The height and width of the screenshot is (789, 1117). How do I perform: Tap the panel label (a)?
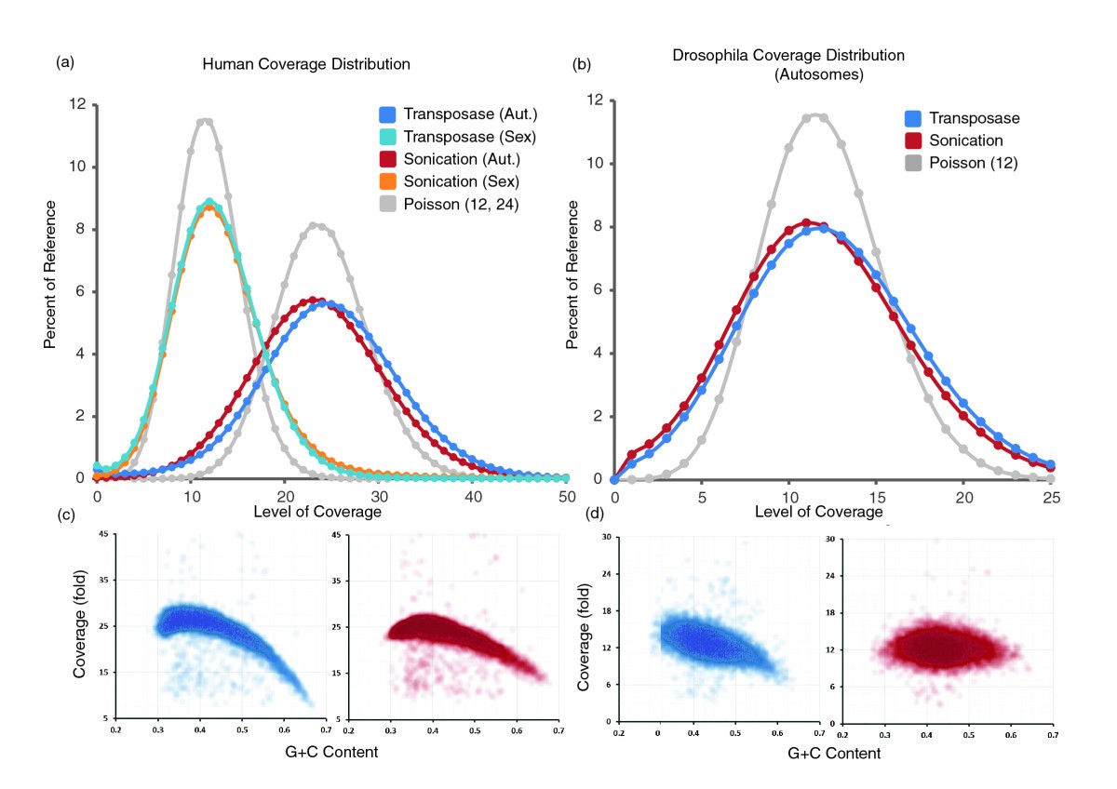pyautogui.click(x=64, y=62)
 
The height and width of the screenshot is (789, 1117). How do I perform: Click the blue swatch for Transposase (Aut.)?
pyautogui.click(x=387, y=115)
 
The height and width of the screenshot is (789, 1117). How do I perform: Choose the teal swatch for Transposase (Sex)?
pyautogui.click(x=387, y=137)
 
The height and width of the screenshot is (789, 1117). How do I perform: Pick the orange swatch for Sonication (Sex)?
pyautogui.click(x=387, y=180)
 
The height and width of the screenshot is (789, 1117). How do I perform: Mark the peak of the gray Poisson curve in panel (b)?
pyautogui.click(x=815, y=115)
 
